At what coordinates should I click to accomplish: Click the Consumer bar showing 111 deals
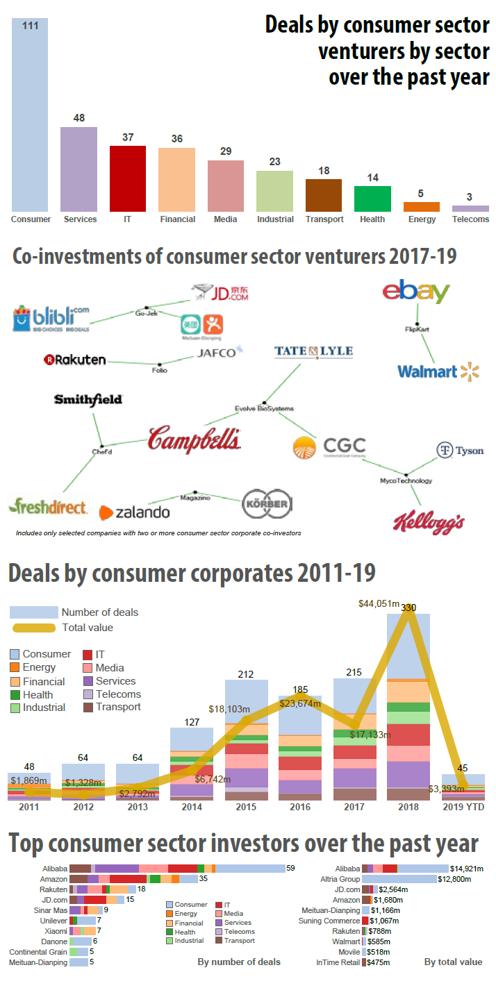click(x=30, y=115)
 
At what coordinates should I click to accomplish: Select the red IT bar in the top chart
click(x=128, y=178)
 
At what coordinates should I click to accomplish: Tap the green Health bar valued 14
click(x=373, y=199)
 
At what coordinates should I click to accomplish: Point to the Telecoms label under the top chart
click(x=470, y=219)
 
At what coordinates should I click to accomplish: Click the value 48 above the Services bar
click(x=79, y=118)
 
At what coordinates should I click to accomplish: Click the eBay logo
click(x=416, y=292)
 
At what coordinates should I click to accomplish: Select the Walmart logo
click(x=438, y=371)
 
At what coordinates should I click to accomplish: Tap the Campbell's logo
click(x=195, y=439)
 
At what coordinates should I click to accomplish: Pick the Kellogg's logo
click(x=428, y=523)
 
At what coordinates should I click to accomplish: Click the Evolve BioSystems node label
click(x=265, y=408)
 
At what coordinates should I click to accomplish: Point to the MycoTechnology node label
click(x=406, y=480)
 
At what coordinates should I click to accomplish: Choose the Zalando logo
click(x=135, y=512)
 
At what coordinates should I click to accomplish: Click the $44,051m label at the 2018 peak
click(x=379, y=604)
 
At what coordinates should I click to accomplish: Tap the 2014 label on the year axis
click(x=191, y=807)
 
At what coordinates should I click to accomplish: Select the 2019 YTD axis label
click(x=463, y=807)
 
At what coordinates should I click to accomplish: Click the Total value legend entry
click(x=87, y=628)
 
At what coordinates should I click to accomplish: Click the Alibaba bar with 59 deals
click(x=177, y=869)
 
